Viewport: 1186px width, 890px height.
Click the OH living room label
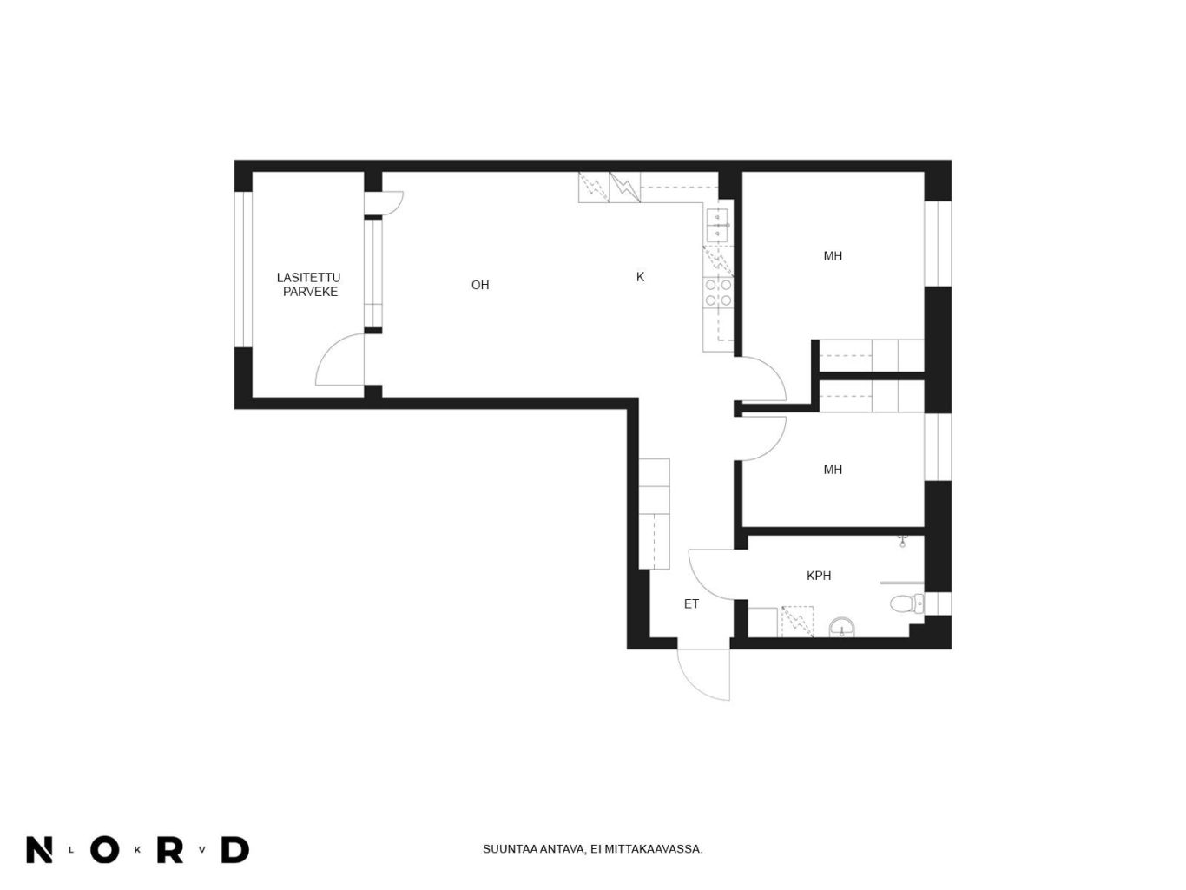[480, 285]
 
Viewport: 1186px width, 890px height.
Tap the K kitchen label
[640, 277]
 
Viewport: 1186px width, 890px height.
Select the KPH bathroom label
[819, 576]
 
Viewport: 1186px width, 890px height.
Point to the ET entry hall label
[691, 604]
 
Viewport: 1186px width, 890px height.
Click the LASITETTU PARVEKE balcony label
[308, 285]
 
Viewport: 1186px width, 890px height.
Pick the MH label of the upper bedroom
[833, 256]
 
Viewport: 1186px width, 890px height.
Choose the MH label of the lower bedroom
[833, 470]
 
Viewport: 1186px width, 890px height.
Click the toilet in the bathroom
[906, 603]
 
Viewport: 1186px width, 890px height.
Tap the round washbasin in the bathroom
[842, 628]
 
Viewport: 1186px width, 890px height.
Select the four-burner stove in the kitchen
[718, 293]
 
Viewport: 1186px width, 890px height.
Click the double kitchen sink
[718, 226]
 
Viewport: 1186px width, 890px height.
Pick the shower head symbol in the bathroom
[902, 541]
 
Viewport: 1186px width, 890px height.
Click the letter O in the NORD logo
[105, 850]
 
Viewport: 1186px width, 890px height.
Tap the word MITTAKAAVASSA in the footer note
[653, 849]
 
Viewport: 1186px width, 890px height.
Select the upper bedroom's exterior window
[938, 243]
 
